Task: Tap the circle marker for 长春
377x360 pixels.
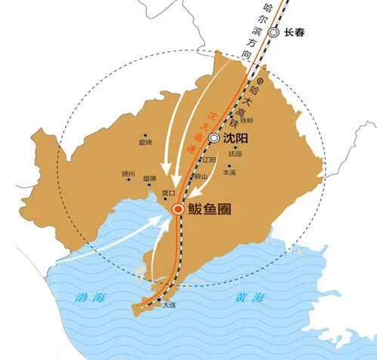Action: pyautogui.click(x=273, y=32)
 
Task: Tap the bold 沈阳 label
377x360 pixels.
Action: pyautogui.click(x=237, y=139)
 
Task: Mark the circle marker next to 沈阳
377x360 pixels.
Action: pyautogui.click(x=215, y=139)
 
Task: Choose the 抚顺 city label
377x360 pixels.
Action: pyautogui.click(x=236, y=153)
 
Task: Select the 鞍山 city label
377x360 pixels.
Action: pyautogui.click(x=198, y=176)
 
